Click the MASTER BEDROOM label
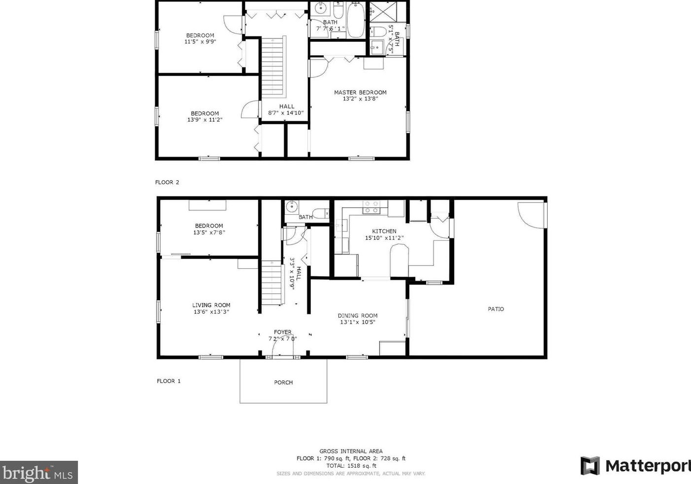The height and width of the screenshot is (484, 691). (360, 92)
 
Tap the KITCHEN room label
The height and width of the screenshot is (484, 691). (384, 231)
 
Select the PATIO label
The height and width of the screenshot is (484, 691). (496, 309)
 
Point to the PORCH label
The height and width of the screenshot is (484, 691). (283, 383)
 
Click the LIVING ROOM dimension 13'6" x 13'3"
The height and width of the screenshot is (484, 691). (211, 312)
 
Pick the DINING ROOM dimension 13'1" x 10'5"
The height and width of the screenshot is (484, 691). (358, 323)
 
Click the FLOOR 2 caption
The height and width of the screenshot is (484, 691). (167, 182)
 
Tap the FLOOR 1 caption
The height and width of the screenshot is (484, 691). (168, 381)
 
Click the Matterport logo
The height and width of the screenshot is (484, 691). (635, 466)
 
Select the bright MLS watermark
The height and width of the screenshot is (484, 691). (38, 473)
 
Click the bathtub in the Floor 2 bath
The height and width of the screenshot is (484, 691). (356, 20)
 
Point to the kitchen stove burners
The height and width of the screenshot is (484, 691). (372, 207)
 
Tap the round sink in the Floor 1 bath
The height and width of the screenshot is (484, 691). (292, 206)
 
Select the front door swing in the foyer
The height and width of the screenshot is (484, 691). (282, 349)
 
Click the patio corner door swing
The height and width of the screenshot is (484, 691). (531, 214)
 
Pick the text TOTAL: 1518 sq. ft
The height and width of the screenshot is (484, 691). (351, 466)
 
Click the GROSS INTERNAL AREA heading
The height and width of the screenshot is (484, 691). (351, 451)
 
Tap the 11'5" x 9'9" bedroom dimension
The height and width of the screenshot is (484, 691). (200, 42)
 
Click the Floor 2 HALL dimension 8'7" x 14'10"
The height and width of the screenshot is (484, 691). (286, 113)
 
